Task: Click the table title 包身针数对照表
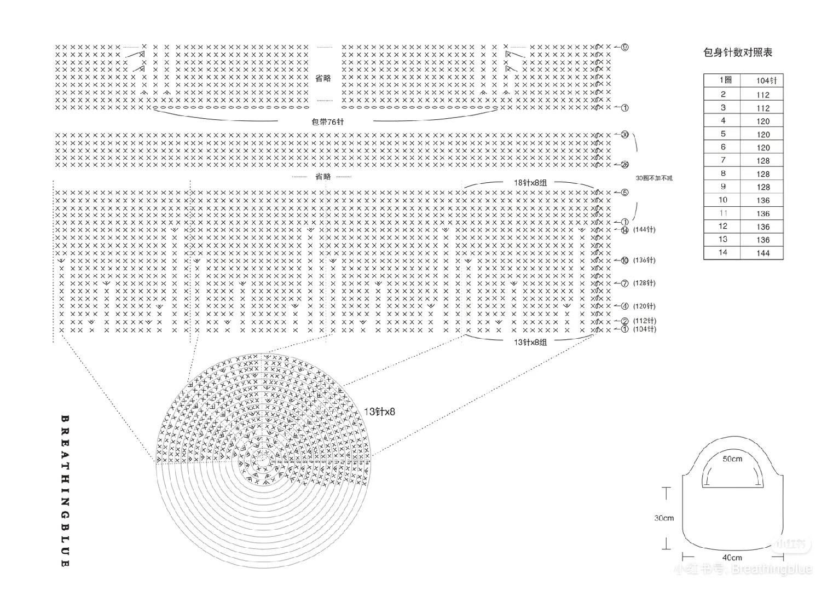coord(737,53)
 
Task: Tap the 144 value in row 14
coord(763,253)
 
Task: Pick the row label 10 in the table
coord(723,200)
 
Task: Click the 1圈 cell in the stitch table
coord(725,80)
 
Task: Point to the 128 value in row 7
coord(763,161)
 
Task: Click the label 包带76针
coord(327,121)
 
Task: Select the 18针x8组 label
coord(530,183)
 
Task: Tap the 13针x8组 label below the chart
coord(530,342)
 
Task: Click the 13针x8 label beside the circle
coord(379,412)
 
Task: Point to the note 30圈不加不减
coord(654,178)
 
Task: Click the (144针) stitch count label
coord(644,230)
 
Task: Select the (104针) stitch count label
coord(644,329)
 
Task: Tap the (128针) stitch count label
coord(644,283)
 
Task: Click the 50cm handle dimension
coord(732,459)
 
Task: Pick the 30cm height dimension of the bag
coord(664,518)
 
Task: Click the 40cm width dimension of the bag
coord(732,557)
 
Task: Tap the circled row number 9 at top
coord(624,47)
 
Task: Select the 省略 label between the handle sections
coord(323,78)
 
